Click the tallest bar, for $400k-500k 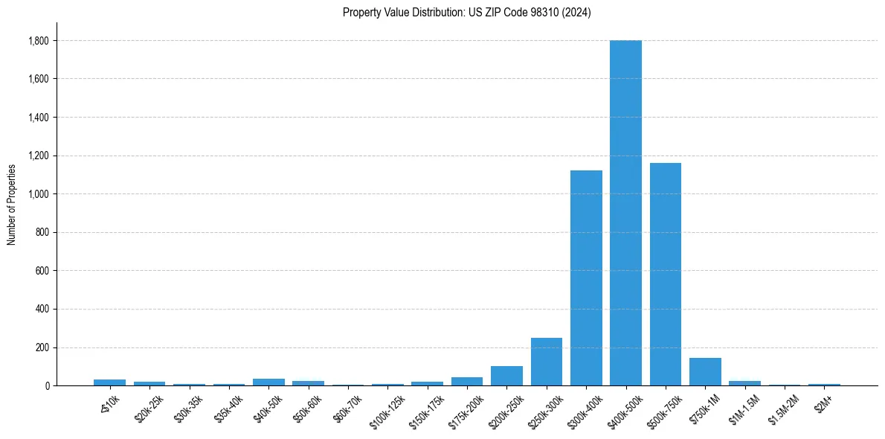pos(625,213)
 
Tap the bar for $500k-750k pos(665,274)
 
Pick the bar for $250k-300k pos(547,362)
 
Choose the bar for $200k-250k pos(506,376)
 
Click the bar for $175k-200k pos(467,381)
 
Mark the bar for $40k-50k pos(268,382)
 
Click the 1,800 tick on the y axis pos(38,41)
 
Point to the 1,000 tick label pos(38,194)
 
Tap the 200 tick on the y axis pos(42,347)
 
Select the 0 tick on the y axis pos(46,385)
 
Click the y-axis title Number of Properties pos(11,204)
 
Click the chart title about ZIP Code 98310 pos(467,13)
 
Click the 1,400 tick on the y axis pos(38,118)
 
